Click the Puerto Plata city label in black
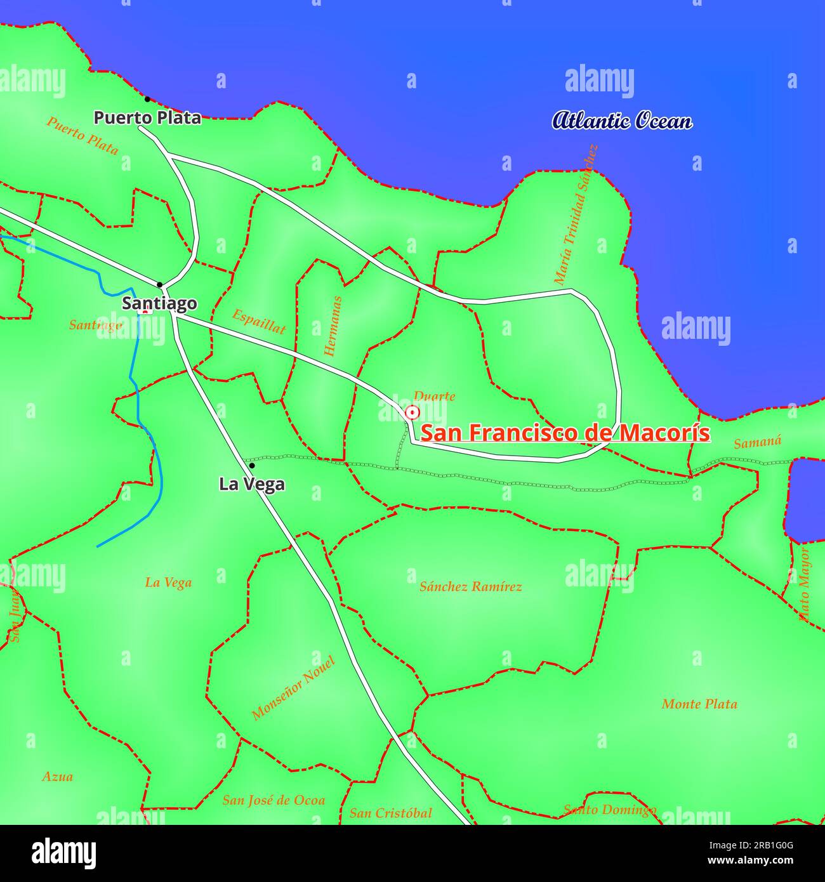[x=147, y=117]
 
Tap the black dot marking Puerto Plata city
[x=147, y=99]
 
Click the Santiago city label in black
[x=159, y=303]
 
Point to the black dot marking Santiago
[x=159, y=284]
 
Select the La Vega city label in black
[x=252, y=484]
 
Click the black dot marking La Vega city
[x=252, y=466]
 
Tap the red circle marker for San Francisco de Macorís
[x=412, y=413]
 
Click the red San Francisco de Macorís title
[x=565, y=433]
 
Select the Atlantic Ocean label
[x=622, y=121]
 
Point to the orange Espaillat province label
[x=258, y=321]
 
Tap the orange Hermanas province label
[x=334, y=326]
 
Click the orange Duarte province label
[x=435, y=397]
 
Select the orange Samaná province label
[x=757, y=442]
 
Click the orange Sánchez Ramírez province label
[x=471, y=587]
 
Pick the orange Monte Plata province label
[x=699, y=704]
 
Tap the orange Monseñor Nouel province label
[x=293, y=688]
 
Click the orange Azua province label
[x=58, y=777]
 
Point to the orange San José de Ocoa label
[x=274, y=800]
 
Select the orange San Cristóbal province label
[x=391, y=813]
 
